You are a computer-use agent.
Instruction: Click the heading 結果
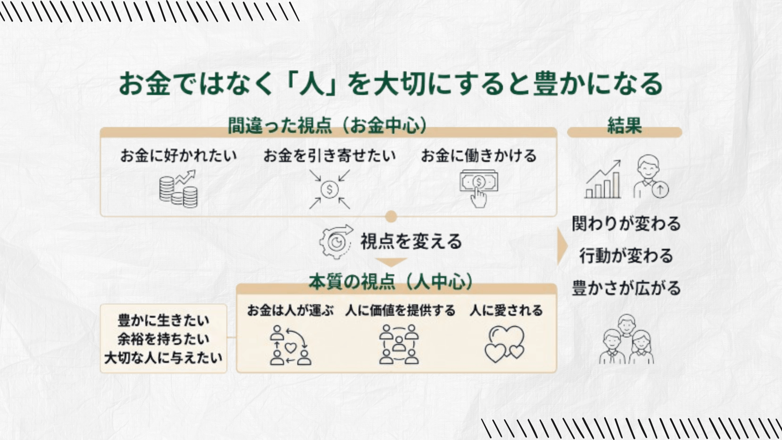pyautogui.click(x=624, y=126)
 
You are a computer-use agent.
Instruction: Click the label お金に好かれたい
pyautogui.click(x=178, y=156)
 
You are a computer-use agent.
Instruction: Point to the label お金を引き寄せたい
pyautogui.click(x=329, y=156)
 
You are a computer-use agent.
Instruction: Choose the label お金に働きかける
pyautogui.click(x=479, y=156)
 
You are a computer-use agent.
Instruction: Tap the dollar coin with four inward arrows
pyautogui.click(x=329, y=189)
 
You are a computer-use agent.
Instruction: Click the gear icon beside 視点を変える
pyautogui.click(x=335, y=242)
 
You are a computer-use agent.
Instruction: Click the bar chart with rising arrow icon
pyautogui.click(x=604, y=180)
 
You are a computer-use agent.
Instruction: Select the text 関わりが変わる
pyautogui.click(x=626, y=224)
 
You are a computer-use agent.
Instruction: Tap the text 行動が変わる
pyautogui.click(x=626, y=256)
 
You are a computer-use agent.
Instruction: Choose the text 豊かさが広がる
pyautogui.click(x=626, y=288)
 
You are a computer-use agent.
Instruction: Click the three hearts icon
pyautogui.click(x=505, y=344)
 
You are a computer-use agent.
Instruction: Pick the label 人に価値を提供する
pyautogui.click(x=400, y=311)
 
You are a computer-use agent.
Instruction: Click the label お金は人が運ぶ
pyautogui.click(x=290, y=311)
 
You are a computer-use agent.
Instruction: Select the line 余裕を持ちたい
pyautogui.click(x=163, y=339)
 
